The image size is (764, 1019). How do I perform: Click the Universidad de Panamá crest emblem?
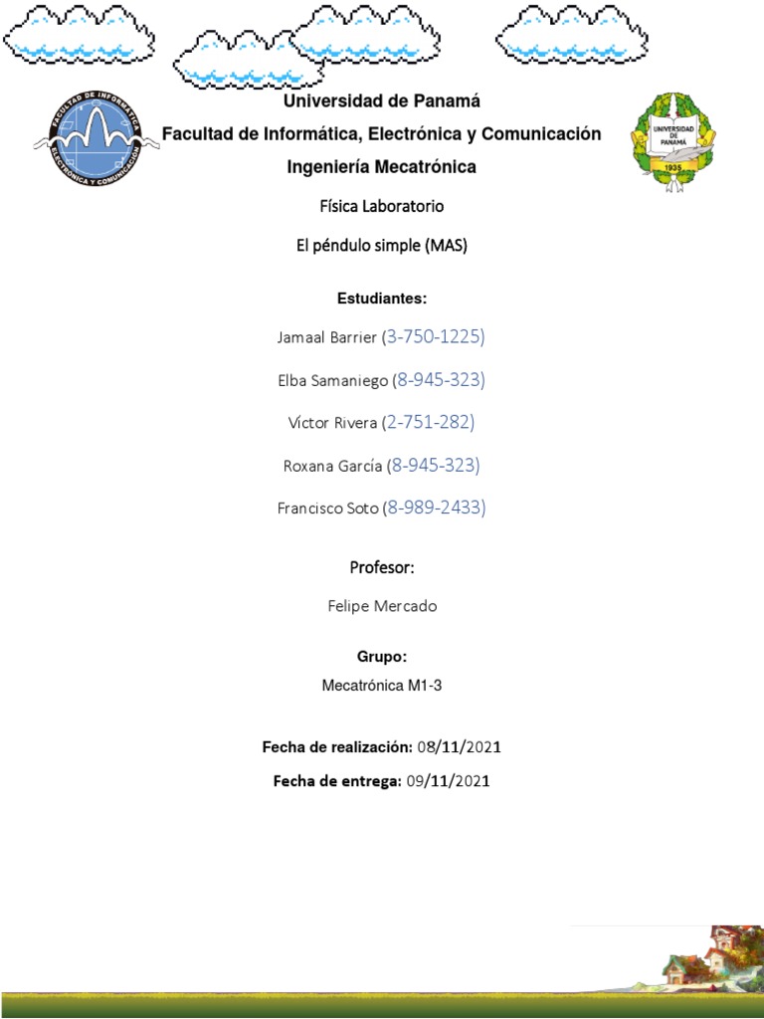point(672,138)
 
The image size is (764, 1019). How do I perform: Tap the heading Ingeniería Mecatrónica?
point(381,167)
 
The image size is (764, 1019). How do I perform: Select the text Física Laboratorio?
point(381,207)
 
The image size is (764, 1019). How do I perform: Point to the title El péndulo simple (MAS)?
point(381,246)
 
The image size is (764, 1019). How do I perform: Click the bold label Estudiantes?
point(381,299)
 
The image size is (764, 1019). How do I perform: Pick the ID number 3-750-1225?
point(434,337)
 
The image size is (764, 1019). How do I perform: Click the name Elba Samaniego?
point(332,380)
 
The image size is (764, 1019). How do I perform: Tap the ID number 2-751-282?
point(431,423)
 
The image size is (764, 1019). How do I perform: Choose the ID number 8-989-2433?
point(436,508)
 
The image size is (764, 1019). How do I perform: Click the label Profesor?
point(381,568)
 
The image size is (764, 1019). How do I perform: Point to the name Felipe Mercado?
point(381,606)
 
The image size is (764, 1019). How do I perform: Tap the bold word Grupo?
point(381,658)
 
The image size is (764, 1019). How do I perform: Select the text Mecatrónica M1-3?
point(381,686)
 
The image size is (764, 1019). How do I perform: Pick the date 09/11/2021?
point(449,781)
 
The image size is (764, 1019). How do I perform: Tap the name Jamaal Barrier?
point(326,338)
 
